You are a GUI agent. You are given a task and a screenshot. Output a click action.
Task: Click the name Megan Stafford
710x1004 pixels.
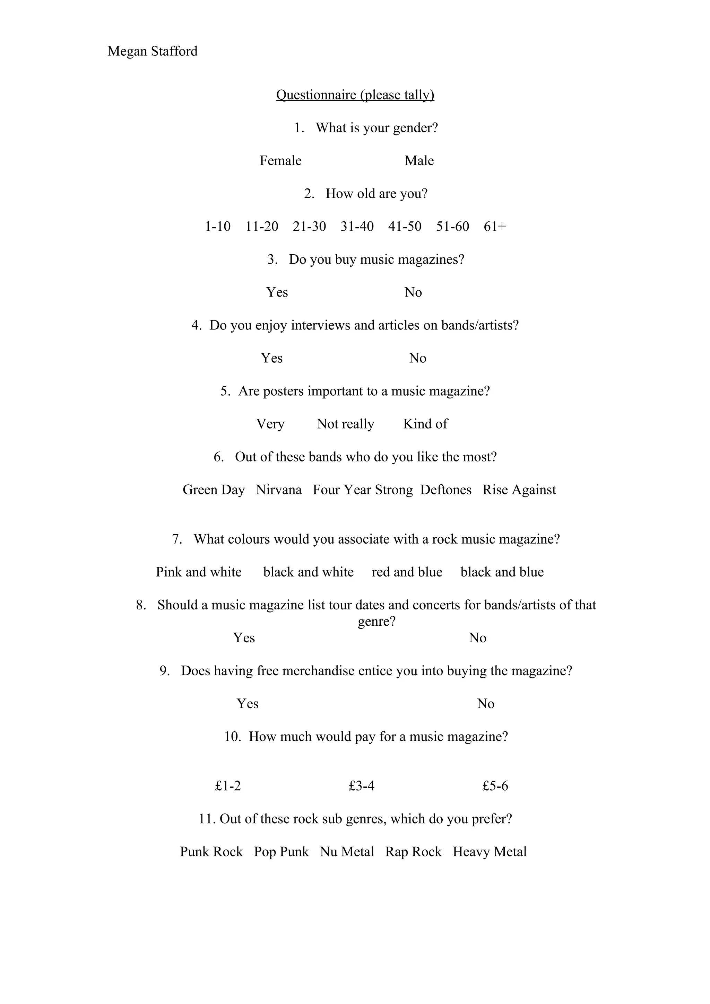coord(152,51)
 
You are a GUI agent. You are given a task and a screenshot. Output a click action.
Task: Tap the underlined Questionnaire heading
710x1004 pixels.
coord(355,95)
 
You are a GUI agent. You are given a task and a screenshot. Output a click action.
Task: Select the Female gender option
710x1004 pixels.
coord(280,160)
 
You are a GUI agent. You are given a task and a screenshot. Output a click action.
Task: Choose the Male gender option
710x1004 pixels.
coord(419,160)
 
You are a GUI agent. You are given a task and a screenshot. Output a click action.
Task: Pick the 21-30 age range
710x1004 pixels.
coord(309,227)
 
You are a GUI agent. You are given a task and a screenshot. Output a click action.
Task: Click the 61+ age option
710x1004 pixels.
coord(495,227)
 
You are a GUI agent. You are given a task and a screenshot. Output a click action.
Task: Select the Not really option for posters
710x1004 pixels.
coord(346,424)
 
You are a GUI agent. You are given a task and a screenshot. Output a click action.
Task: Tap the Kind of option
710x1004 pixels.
coord(425,424)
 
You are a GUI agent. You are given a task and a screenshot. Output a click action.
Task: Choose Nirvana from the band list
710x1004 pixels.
coord(279,490)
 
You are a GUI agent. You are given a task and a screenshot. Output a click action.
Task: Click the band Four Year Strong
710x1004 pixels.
coord(363,490)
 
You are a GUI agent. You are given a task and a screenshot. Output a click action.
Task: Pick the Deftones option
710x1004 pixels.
coord(446,490)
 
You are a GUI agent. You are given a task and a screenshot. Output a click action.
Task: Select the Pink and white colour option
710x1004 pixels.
coord(199,572)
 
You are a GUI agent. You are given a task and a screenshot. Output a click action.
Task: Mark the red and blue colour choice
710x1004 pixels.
coord(407,572)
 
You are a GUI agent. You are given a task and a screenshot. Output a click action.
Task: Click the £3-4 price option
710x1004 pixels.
coord(361,786)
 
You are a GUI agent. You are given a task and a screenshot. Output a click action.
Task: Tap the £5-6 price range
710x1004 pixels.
coord(495,786)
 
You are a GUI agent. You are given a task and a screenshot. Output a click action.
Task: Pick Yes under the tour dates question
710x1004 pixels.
coord(244,638)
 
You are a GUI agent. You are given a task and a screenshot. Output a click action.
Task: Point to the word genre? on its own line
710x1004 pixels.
coord(376,622)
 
